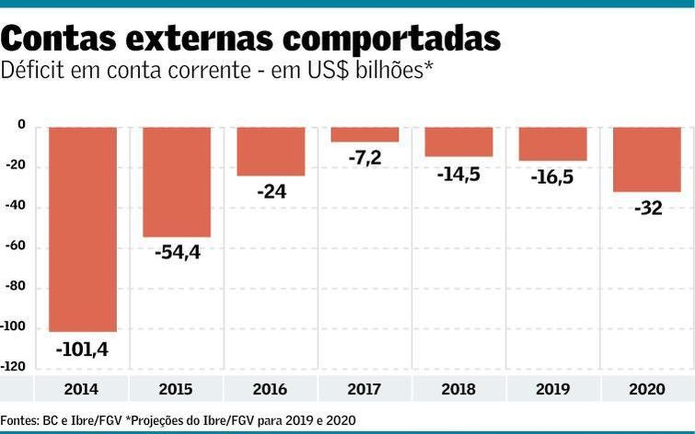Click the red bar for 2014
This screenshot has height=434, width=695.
82,229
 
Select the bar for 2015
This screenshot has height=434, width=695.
177,182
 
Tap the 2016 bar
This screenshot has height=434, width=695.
270,151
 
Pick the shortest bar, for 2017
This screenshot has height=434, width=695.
365,134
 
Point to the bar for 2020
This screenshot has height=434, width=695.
647,159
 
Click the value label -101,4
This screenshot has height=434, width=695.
82,350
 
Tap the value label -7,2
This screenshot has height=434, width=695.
365,157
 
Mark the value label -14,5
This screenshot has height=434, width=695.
459,173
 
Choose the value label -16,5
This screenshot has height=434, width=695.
553,176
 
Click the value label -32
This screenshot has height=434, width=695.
647,208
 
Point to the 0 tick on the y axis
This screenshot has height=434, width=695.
21,125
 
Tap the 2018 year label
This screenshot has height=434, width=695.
459,389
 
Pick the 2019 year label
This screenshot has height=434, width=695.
553,389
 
